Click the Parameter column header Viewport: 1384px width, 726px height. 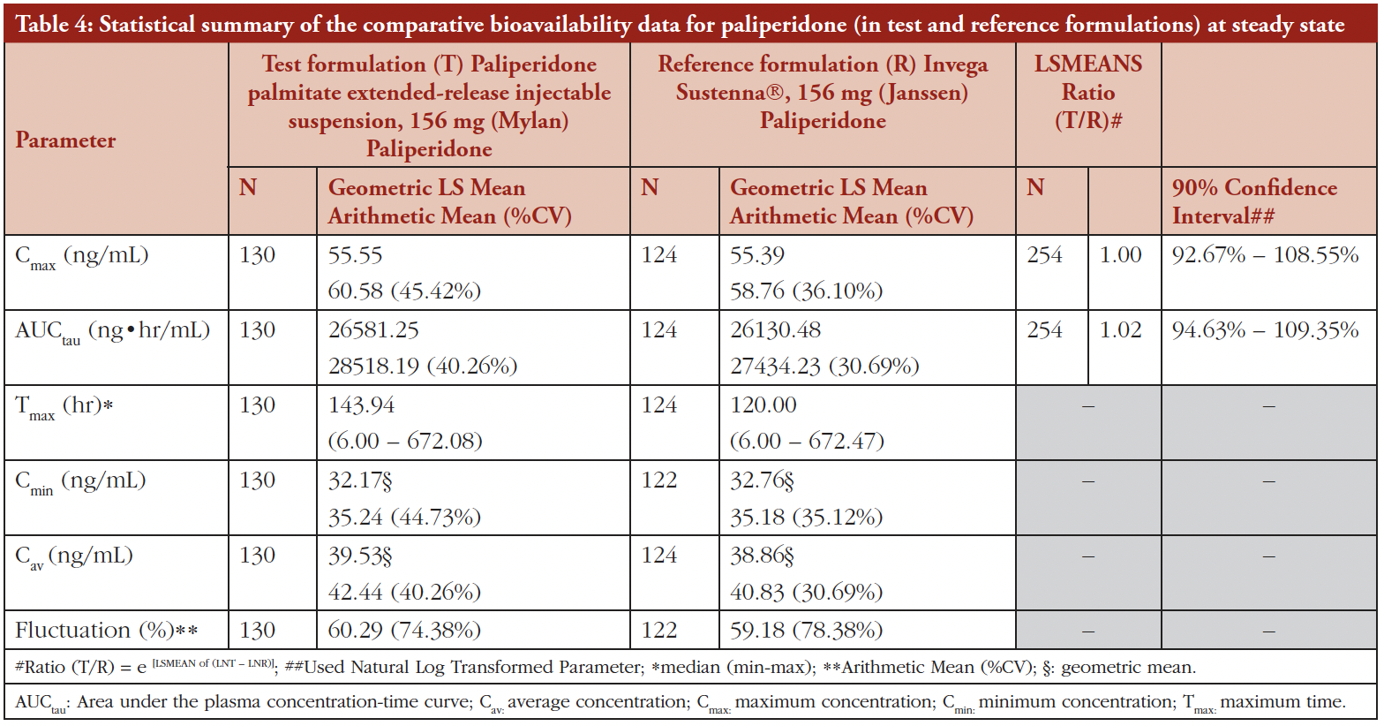pyautogui.click(x=65, y=140)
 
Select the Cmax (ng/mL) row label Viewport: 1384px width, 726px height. pyautogui.click(x=81, y=256)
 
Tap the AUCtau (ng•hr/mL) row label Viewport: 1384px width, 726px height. pyautogui.click(x=112, y=331)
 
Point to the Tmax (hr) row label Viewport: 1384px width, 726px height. pyautogui.click(x=64, y=406)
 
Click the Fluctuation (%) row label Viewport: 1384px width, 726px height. pyautogui.click(x=106, y=631)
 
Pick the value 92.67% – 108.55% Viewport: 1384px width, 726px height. pyautogui.click(x=1265, y=255)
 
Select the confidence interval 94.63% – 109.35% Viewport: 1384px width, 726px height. pyautogui.click(x=1265, y=330)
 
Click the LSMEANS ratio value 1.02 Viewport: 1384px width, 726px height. pyautogui.click(x=1120, y=330)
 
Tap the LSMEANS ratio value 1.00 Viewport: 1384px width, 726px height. pyautogui.click(x=1120, y=255)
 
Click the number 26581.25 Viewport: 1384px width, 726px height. pyautogui.click(x=373, y=330)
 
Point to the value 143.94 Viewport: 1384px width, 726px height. pyautogui.click(x=361, y=405)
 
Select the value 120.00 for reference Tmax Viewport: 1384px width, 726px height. pyautogui.click(x=763, y=405)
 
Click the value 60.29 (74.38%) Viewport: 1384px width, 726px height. pyautogui.click(x=404, y=631)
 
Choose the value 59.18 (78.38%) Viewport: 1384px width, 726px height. pyautogui.click(x=806, y=631)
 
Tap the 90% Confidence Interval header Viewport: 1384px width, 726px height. pyautogui.click(x=1254, y=201)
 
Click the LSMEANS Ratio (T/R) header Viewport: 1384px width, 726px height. pyautogui.click(x=1087, y=92)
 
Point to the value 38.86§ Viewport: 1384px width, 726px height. pyautogui.click(x=762, y=556)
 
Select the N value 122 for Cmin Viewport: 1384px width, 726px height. pyautogui.click(x=659, y=480)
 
